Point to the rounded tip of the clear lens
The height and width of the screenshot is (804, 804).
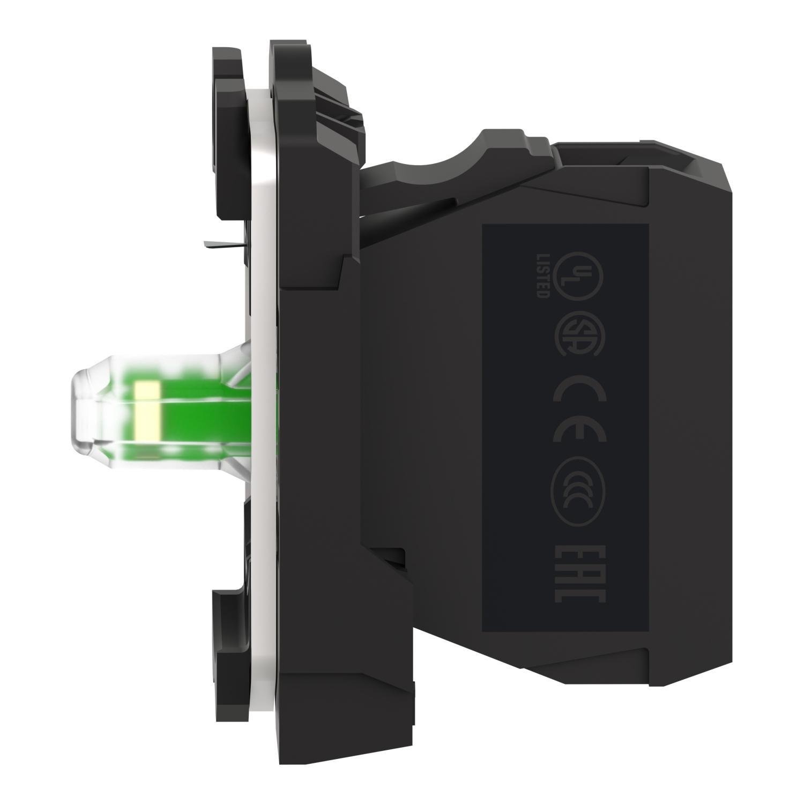click(x=80, y=407)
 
